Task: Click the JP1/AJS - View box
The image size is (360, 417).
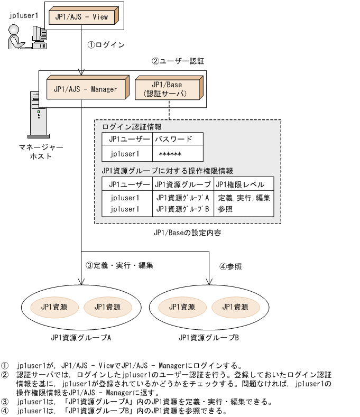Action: point(81,17)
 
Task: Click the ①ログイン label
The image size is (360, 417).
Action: point(106,45)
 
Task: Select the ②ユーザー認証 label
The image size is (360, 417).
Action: point(171,61)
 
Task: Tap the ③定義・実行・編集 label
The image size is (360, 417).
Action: point(119,265)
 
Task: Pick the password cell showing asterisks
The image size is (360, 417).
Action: point(170,154)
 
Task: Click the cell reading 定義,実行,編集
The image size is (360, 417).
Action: point(244,198)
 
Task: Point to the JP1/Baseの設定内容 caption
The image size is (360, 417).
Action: point(187,232)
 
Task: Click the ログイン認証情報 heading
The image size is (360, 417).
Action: point(132,127)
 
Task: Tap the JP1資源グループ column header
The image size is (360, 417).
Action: point(182,184)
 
